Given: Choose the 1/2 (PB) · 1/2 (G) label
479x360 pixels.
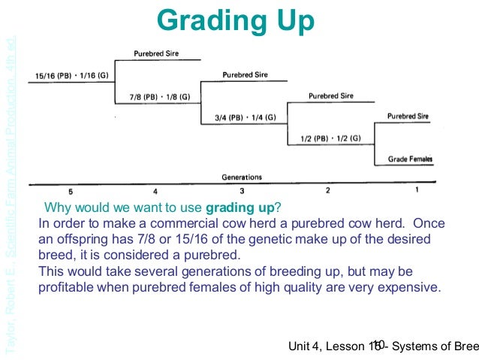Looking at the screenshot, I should (330, 138).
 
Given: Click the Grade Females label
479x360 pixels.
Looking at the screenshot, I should (410, 159).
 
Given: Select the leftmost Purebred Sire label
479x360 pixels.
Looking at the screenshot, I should (156, 54).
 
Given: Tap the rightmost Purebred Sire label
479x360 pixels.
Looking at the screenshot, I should (408, 116).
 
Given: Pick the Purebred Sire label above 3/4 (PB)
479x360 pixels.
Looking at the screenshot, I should (245, 75).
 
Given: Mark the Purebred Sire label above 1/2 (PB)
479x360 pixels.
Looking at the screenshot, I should (330, 96).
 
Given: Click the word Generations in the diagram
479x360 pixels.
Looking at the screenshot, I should (242, 177).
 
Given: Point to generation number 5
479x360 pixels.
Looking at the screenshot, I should (71, 191).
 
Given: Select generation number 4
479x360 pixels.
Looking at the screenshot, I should (155, 191).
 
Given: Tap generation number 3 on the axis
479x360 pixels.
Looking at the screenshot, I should (242, 191).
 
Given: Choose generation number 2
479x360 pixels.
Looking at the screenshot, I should (328, 191).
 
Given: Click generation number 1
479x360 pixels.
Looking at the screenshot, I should (417, 191).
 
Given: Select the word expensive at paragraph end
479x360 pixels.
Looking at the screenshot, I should (405, 286).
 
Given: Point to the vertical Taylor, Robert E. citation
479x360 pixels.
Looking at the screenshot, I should (10, 180).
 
